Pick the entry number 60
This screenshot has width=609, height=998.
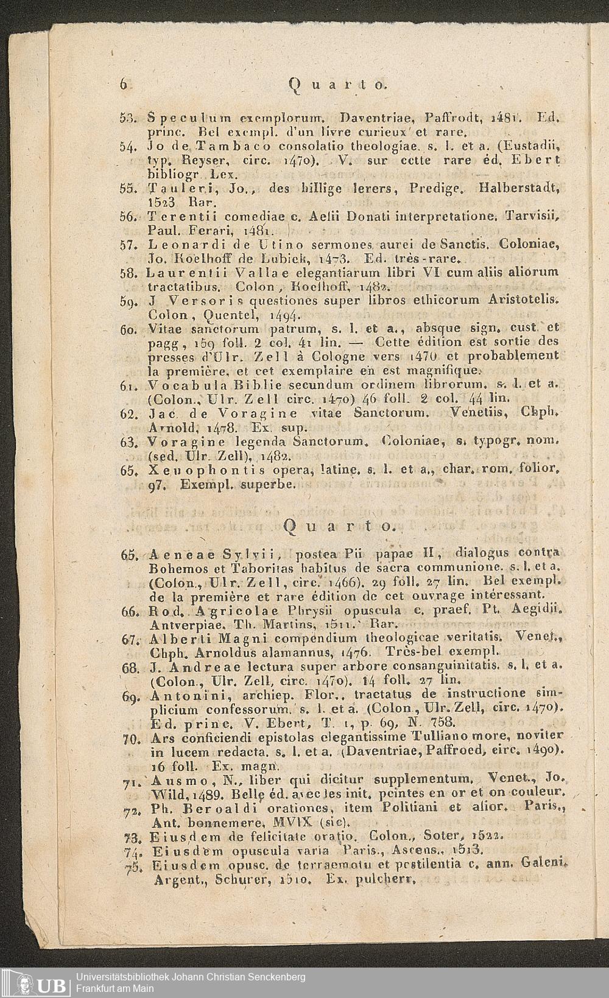127,329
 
